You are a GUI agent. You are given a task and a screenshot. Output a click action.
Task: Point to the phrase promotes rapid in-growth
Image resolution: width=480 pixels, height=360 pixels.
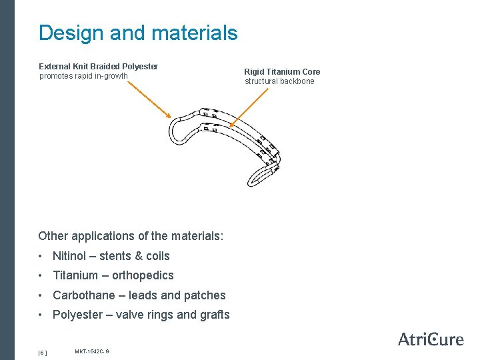[x=83, y=76]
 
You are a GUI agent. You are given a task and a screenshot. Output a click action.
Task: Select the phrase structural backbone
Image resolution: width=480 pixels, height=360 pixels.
[x=279, y=81]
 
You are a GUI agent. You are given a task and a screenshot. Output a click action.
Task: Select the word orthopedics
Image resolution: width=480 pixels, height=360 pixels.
[x=143, y=275]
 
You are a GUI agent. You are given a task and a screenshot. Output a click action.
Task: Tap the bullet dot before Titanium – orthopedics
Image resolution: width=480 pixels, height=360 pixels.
[x=42, y=275]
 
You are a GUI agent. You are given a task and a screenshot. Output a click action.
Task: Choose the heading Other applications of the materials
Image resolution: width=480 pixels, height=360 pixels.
[x=131, y=236]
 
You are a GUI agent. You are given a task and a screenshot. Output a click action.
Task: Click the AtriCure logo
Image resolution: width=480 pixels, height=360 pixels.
[x=430, y=339]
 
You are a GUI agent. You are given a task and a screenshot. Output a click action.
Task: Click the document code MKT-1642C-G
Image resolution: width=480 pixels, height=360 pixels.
[x=92, y=351]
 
